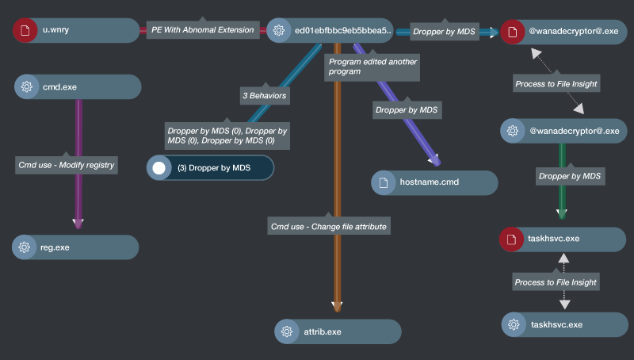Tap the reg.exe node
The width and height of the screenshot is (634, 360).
(75, 247)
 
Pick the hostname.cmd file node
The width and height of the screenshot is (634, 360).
(434, 182)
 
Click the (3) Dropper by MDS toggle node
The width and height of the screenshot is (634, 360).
(210, 168)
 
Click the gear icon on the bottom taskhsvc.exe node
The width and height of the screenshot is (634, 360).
(514, 324)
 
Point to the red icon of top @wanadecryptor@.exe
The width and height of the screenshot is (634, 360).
(513, 32)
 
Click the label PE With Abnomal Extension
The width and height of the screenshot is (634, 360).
(204, 31)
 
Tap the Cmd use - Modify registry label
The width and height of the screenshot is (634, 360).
(67, 165)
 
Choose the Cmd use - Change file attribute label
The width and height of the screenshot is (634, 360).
(329, 226)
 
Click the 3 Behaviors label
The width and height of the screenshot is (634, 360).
(264, 95)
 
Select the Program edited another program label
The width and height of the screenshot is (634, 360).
(372, 66)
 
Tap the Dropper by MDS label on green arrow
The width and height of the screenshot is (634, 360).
(569, 176)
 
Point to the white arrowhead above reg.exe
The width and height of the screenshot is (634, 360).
(78, 224)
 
